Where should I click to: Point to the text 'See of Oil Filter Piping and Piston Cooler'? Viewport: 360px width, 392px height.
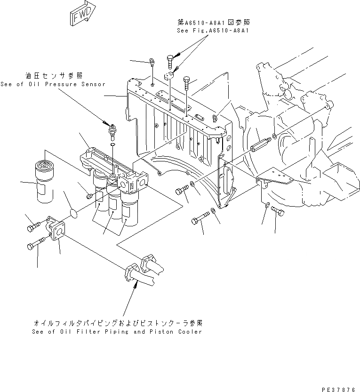(117, 332)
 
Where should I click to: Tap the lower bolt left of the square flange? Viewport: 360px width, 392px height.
(36, 245)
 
